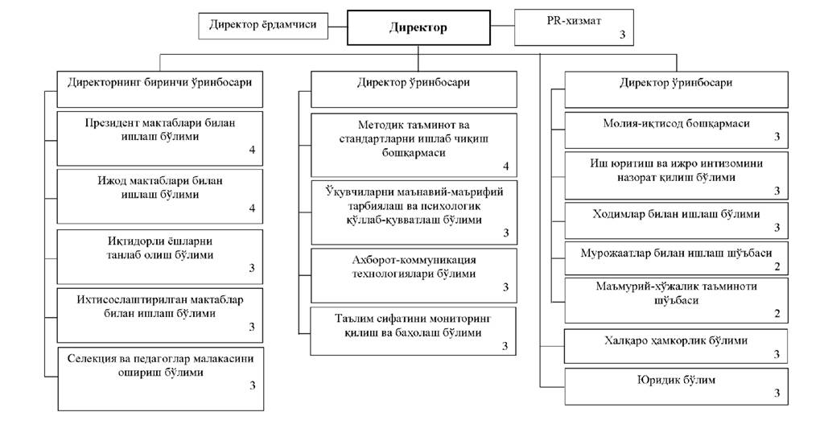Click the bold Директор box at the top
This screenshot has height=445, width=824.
pyautogui.click(x=418, y=27)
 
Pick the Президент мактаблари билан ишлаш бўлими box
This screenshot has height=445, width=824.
pyautogui.click(x=160, y=138)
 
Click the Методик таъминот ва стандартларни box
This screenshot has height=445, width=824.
pyautogui.click(x=414, y=145)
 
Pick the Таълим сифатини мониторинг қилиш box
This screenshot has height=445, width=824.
pyautogui.click(x=414, y=331)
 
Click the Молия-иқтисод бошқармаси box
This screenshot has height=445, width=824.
pyautogui.click(x=676, y=129)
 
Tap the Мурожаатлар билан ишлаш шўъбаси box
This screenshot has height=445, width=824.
pyautogui.click(x=676, y=258)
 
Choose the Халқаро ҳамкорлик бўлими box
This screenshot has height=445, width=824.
pyautogui.click(x=676, y=346)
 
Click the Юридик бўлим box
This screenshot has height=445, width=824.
pyautogui.click(x=676, y=385)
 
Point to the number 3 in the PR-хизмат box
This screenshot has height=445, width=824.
pyautogui.click(x=622, y=35)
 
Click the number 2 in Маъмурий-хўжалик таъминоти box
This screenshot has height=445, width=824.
pyautogui.click(x=777, y=314)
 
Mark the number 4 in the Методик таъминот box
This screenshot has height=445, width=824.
pyautogui.click(x=506, y=167)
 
